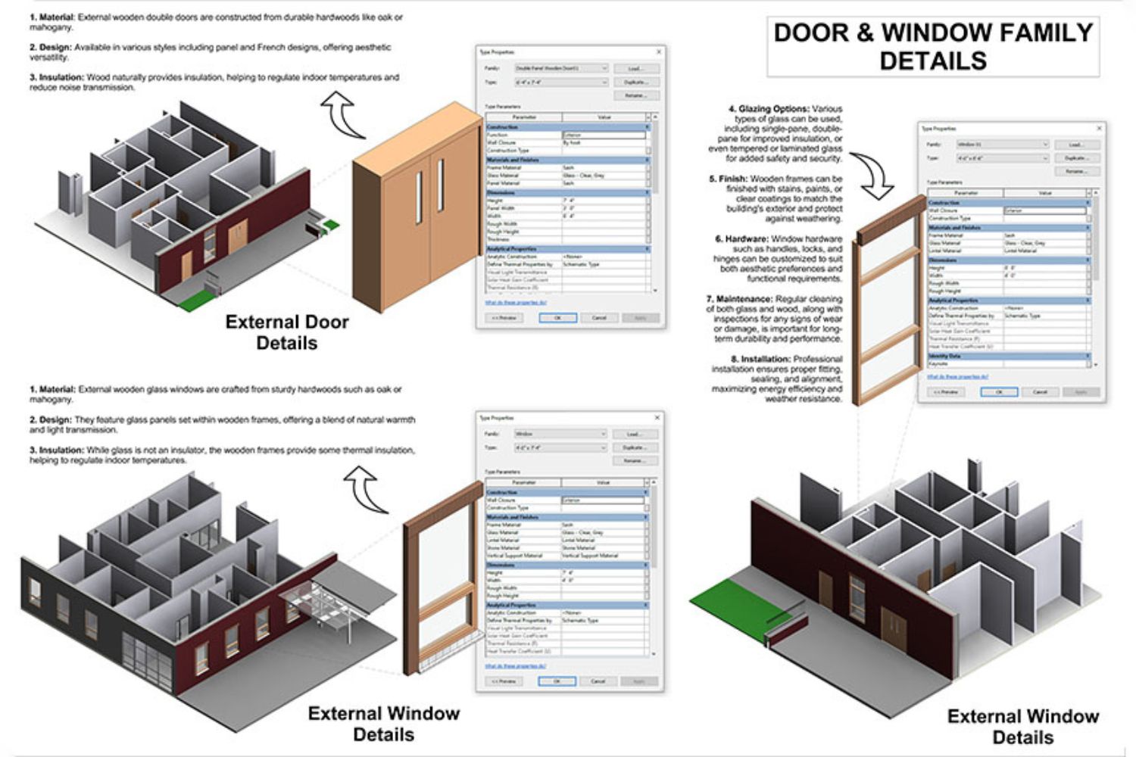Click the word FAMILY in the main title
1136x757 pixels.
pyautogui.click(x=1038, y=33)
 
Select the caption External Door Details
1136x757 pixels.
pyautogui.click(x=287, y=332)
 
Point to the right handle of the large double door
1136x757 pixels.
pyautogui.click(x=441, y=185)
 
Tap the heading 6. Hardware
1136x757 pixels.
pyautogui.click(x=741, y=239)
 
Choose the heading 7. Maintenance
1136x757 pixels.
pyautogui.click(x=739, y=299)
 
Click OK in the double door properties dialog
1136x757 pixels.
pyautogui.click(x=557, y=318)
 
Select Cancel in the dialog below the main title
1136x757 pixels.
pyautogui.click(x=1040, y=392)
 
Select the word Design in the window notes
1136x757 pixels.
pyautogui.click(x=55, y=419)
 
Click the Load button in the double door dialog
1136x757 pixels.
pyautogui.click(x=635, y=68)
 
